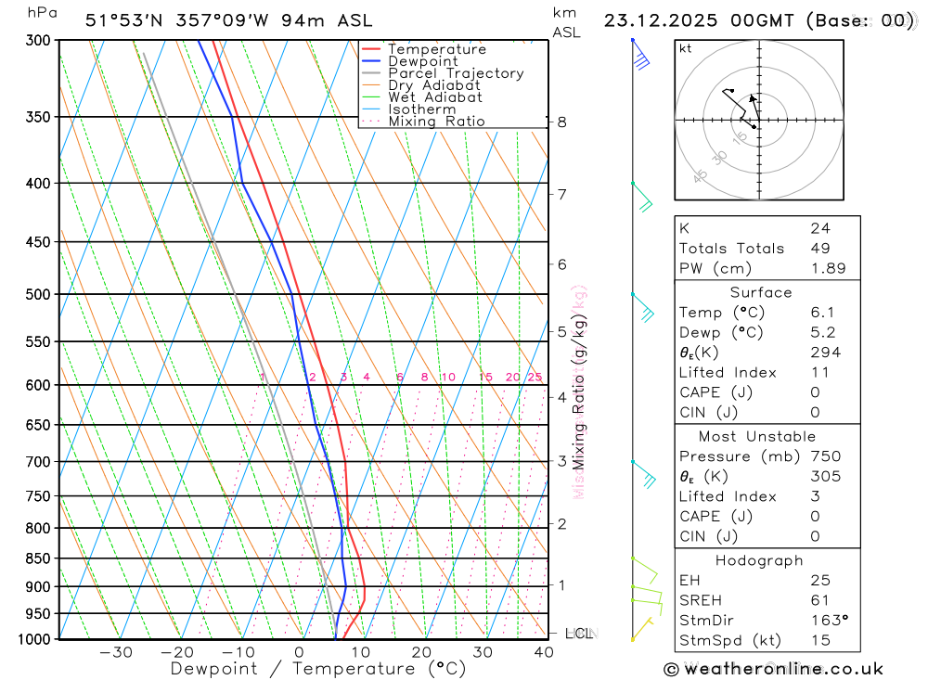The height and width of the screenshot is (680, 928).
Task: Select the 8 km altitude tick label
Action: click(x=562, y=122)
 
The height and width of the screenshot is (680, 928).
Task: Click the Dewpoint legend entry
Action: click(x=422, y=61)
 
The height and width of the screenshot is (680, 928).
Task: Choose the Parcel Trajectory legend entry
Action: click(x=455, y=73)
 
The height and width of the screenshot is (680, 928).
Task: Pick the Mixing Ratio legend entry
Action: click(x=435, y=122)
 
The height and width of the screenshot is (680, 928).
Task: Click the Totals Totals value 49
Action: click(x=820, y=249)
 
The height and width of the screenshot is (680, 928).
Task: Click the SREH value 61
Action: click(x=818, y=600)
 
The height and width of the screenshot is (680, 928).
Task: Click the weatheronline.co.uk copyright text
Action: click(x=773, y=669)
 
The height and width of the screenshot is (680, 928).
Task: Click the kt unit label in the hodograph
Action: click(x=685, y=48)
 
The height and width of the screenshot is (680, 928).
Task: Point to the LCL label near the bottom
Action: click(x=579, y=634)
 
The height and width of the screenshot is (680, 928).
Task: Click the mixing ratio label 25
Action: click(x=535, y=377)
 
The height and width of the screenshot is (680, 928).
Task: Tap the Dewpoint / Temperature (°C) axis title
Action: click(x=318, y=669)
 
